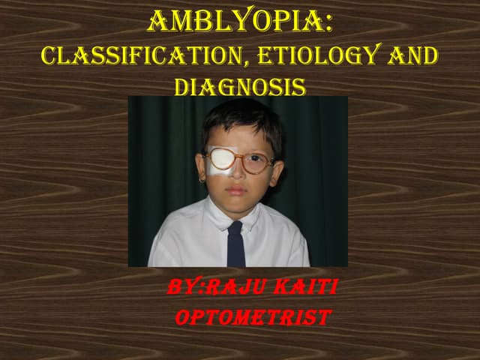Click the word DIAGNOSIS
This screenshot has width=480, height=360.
(239, 87)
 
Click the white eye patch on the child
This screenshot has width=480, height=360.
(222, 160)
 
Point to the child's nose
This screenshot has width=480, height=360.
(239, 176)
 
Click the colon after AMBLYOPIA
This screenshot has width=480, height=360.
(328, 22)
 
